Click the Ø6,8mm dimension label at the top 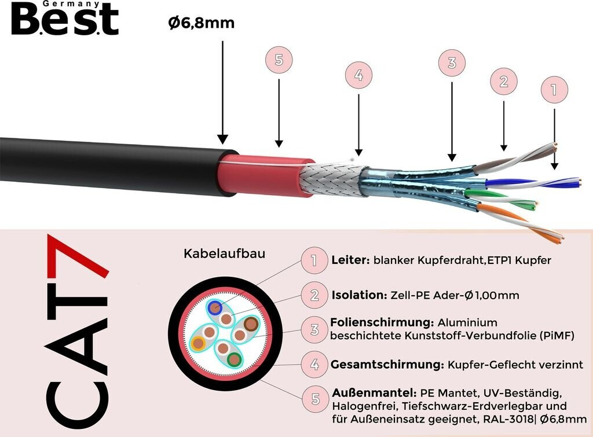[x=201, y=24]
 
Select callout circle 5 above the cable [x=279, y=61]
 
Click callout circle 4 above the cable [x=358, y=76]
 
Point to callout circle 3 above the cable [x=452, y=62]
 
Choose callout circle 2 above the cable [x=504, y=82]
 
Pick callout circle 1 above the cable [x=554, y=90]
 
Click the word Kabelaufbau [x=225, y=254]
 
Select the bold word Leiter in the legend [x=350, y=260]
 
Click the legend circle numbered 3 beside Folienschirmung [x=314, y=330]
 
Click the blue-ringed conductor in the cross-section [x=215, y=307]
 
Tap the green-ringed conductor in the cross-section [x=234, y=359]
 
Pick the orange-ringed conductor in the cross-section [x=199, y=343]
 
